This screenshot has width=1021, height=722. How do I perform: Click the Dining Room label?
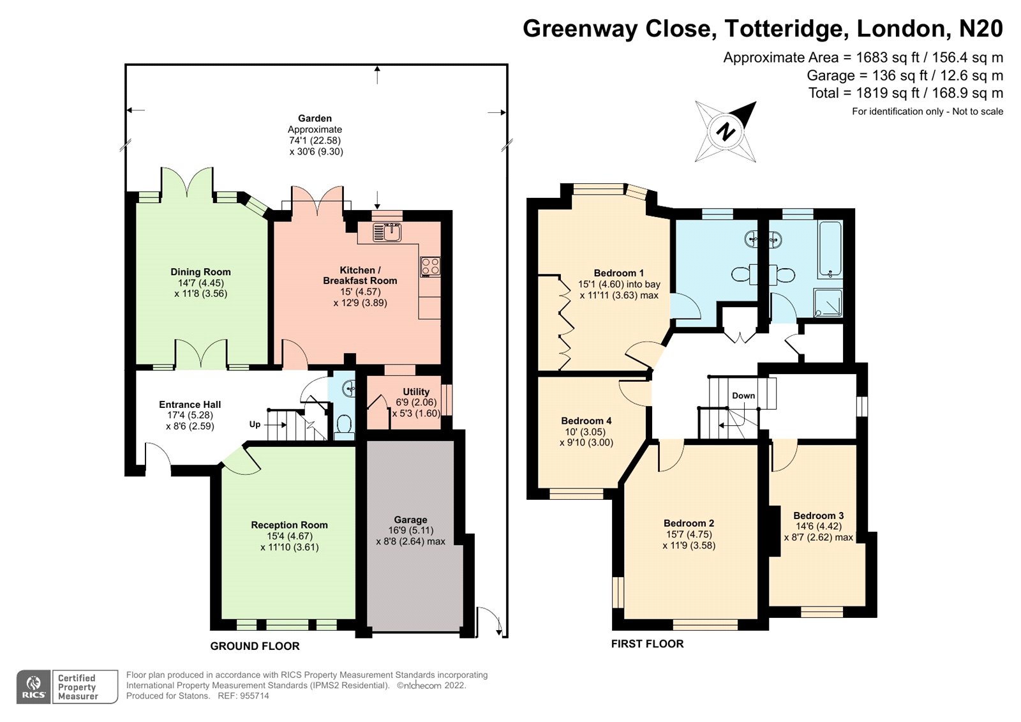(200, 272)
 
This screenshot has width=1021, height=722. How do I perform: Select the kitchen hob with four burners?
(430, 266)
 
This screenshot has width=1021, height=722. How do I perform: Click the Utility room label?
(415, 391)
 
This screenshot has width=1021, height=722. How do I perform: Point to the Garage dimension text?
(410, 536)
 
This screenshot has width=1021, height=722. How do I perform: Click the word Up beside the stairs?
(255, 425)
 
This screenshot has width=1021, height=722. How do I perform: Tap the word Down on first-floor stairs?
(743, 396)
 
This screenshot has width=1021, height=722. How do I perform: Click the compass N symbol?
(726, 132)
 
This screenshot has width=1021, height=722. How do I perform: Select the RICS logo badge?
(33, 687)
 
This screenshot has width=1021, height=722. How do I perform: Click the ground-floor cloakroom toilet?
(344, 425)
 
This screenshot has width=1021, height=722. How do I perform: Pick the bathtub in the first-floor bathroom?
(830, 250)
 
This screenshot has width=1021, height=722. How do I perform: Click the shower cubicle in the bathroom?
(828, 303)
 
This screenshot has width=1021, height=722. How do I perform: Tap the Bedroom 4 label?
(586, 421)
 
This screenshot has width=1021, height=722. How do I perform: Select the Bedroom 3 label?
(818, 515)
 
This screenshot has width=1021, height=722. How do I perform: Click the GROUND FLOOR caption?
(255, 646)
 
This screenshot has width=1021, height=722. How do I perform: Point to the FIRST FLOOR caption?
(647, 643)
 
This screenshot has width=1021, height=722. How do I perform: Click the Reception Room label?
(289, 525)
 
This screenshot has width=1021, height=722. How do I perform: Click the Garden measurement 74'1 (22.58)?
(315, 140)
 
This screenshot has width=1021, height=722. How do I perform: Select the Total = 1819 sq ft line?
(905, 93)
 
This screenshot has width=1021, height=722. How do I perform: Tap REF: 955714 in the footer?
(243, 696)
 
